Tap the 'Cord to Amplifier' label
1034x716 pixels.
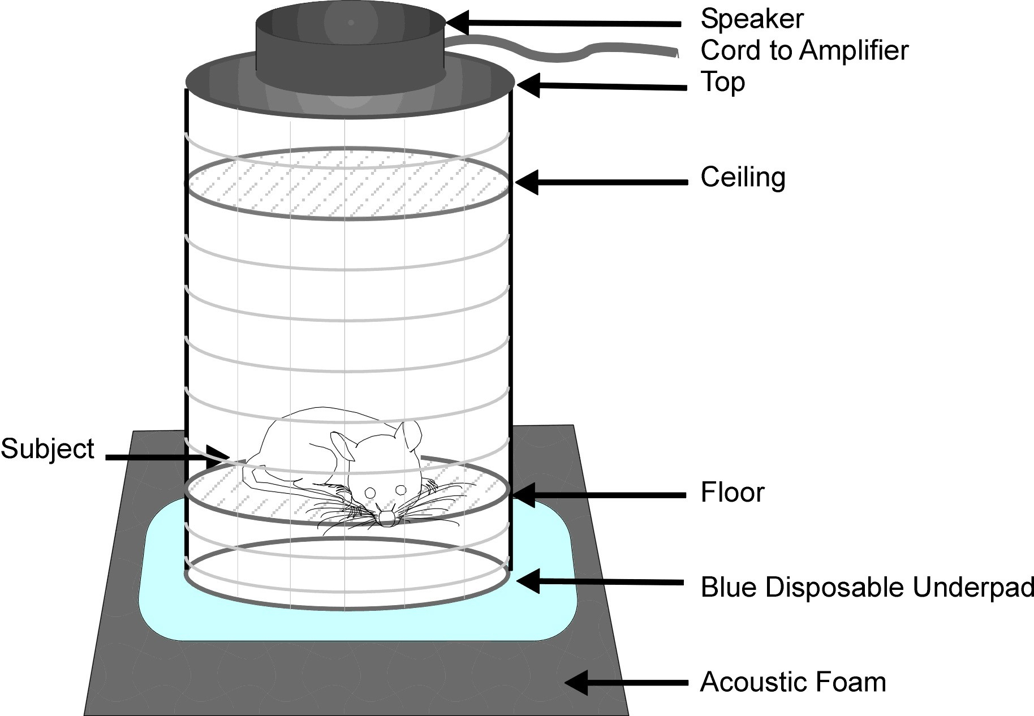coord(804,50)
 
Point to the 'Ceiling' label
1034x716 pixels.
coord(743,178)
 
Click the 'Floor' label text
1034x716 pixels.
coord(733,492)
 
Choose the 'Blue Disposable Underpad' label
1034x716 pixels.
coord(867,587)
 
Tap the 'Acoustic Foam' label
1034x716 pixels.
coord(793,682)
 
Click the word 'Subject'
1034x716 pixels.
coord(48,449)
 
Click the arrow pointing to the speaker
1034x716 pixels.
coord(563,23)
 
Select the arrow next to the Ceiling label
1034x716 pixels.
coord(601,182)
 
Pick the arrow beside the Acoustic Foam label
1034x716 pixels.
coord(626,683)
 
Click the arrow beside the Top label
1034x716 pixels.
coord(601,87)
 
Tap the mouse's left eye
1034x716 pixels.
coord(400,489)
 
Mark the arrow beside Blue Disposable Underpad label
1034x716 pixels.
coord(600,581)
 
